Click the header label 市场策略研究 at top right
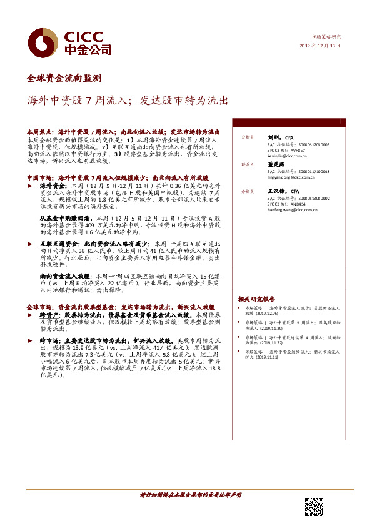(x=327, y=37)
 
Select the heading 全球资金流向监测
(x=64, y=79)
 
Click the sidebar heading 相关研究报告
(x=256, y=299)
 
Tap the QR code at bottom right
(x=314, y=507)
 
